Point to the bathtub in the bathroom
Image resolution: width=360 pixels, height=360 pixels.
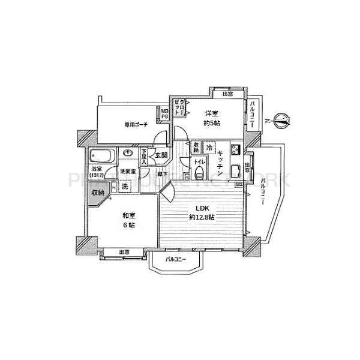[x=100, y=157]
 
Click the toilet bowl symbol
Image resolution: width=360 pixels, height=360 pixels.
[x=199, y=174]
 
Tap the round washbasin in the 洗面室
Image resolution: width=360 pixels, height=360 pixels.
[x=128, y=154]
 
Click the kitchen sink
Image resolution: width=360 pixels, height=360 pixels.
[x=236, y=170]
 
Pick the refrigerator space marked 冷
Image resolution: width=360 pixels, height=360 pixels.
[x=209, y=147]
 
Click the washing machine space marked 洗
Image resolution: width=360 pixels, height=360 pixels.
[x=125, y=186]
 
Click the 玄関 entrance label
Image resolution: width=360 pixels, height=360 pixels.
[x=161, y=155]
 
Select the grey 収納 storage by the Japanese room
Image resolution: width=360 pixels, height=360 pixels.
[x=97, y=193]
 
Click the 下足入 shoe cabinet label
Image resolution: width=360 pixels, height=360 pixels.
[x=144, y=157]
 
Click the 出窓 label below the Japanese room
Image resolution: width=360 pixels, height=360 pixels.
[x=125, y=253]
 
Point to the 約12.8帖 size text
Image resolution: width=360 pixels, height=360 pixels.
[x=201, y=217]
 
